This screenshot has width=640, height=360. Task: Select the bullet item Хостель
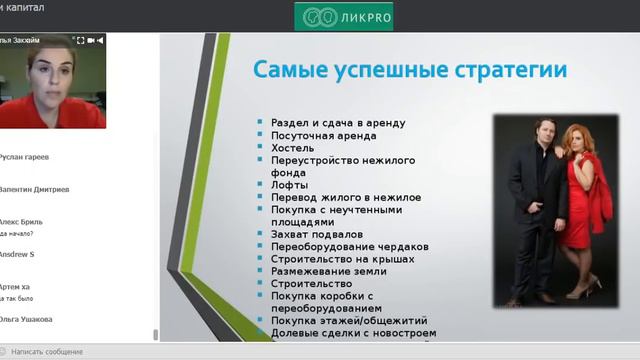(x=293, y=147)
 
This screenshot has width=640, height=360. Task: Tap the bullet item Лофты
(x=289, y=185)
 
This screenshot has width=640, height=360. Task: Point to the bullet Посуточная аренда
(x=324, y=135)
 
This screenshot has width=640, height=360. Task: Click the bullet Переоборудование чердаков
(x=350, y=246)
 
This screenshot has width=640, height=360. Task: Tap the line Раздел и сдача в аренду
(x=338, y=122)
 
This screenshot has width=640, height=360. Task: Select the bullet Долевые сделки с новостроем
(x=353, y=333)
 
